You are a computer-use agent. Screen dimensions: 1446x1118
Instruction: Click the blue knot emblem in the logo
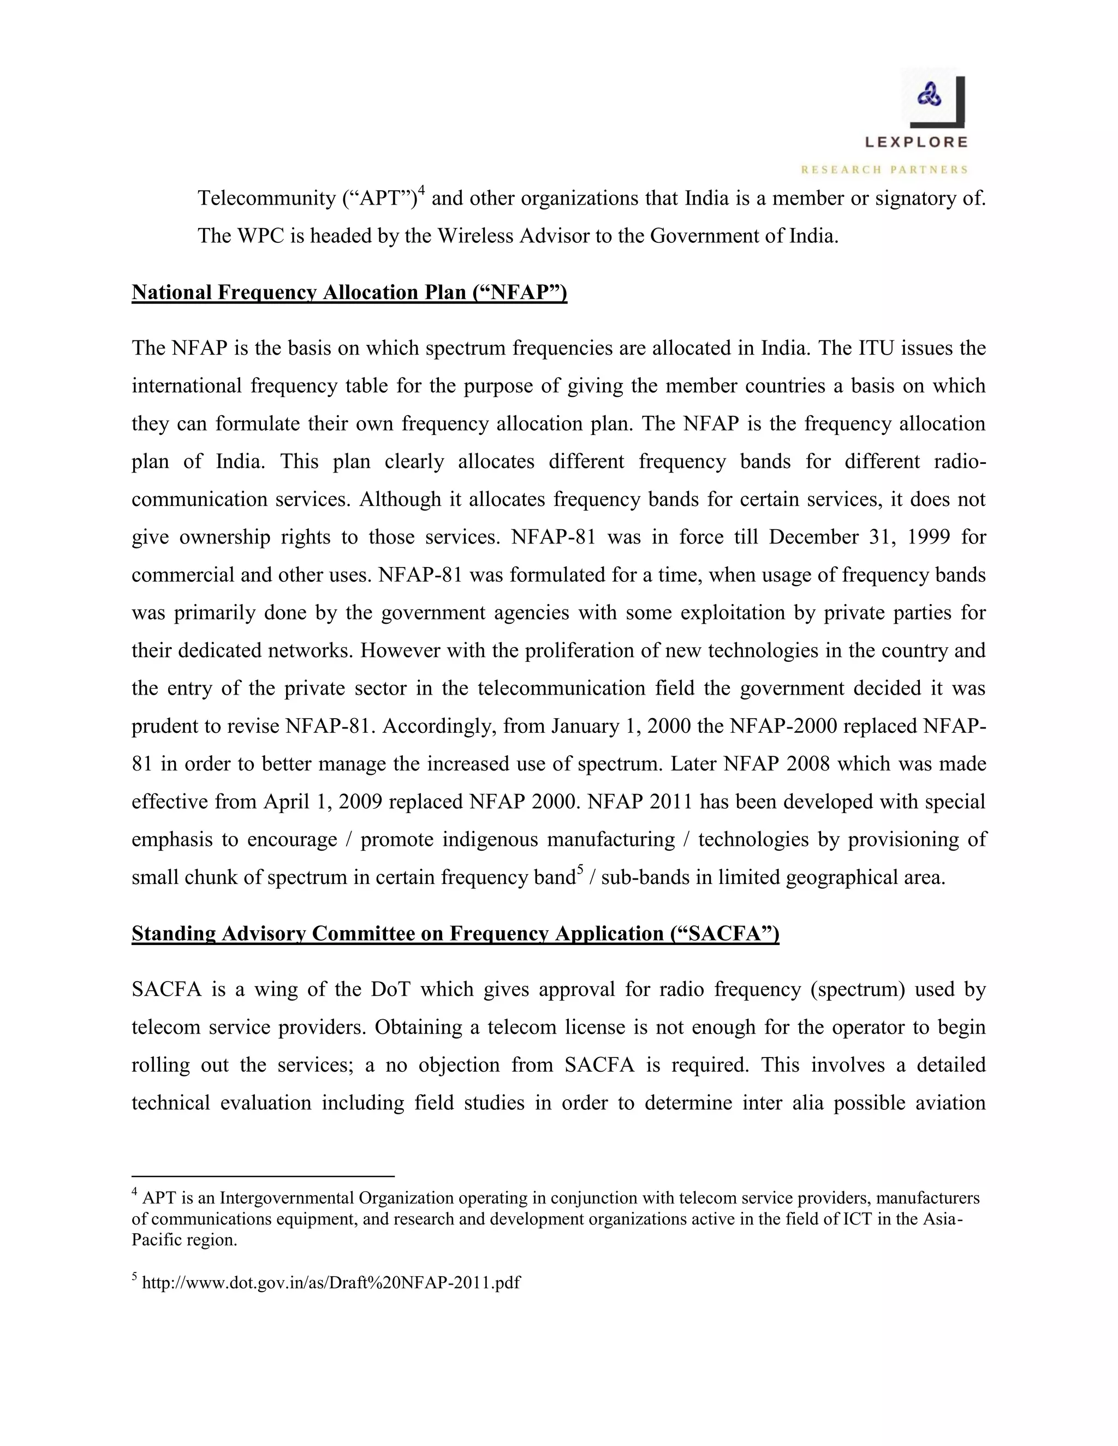pos(929,97)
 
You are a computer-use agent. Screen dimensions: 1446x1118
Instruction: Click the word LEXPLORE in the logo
pos(916,142)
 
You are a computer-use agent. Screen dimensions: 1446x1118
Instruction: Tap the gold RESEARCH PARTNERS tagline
pos(884,170)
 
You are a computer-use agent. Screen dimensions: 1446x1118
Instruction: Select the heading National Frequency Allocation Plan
pos(349,292)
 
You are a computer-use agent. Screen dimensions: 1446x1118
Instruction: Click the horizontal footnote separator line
pos(263,1176)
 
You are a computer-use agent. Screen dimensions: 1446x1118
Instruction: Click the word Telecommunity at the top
pos(266,198)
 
